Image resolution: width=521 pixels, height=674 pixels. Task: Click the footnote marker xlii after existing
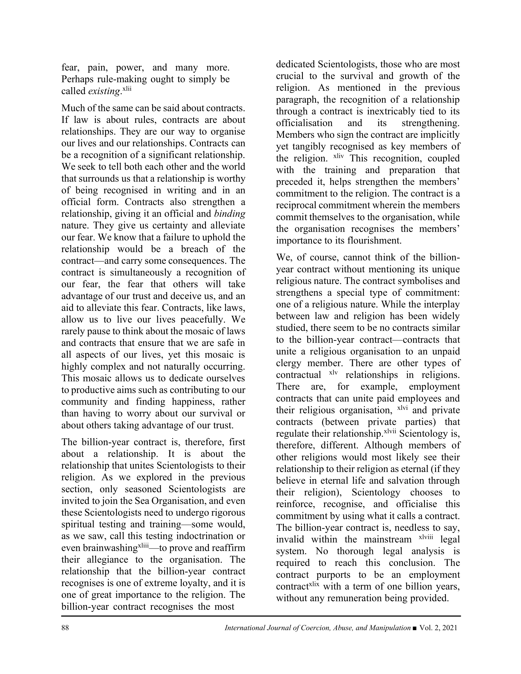tap(127, 89)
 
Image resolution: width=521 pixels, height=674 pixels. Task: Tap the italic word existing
tap(104, 91)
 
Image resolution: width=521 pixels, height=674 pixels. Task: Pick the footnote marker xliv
tap(338, 156)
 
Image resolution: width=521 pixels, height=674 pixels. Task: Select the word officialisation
tap(304, 123)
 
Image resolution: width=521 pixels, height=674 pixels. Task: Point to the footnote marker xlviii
tap(426, 537)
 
